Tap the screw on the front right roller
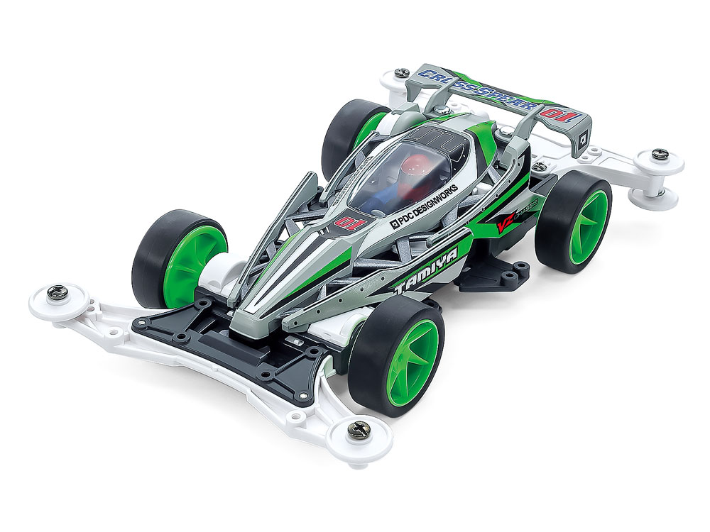click(359, 428)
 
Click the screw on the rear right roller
click(659, 153)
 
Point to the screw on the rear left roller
click(402, 73)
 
